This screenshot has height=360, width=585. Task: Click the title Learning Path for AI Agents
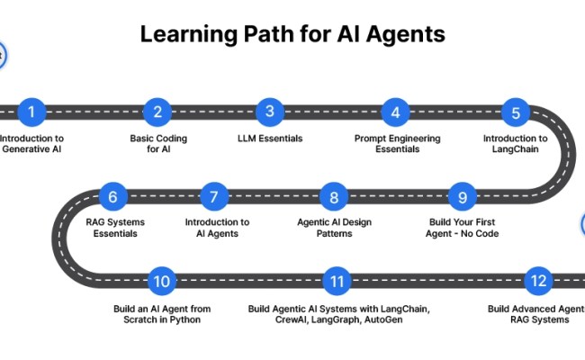(x=292, y=34)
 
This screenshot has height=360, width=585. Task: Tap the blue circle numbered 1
(x=32, y=112)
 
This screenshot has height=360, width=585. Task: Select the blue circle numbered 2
(x=157, y=112)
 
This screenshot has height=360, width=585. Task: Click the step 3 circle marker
(x=269, y=112)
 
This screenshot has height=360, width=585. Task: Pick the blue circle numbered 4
(x=394, y=112)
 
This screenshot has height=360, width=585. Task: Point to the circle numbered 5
(x=516, y=112)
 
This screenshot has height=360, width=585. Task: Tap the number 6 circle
(x=113, y=196)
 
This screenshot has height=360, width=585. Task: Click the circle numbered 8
(x=334, y=196)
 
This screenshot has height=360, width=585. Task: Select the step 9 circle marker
(x=462, y=196)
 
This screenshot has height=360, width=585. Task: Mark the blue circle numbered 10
(x=162, y=281)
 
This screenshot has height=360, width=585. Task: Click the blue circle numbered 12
(x=538, y=281)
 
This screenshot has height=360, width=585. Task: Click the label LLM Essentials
(x=270, y=139)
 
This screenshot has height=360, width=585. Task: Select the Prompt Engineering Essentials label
(x=396, y=144)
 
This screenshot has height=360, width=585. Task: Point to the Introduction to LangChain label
(x=515, y=144)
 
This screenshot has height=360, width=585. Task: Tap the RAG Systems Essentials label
(x=115, y=228)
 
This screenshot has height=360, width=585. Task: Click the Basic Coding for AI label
(x=157, y=144)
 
